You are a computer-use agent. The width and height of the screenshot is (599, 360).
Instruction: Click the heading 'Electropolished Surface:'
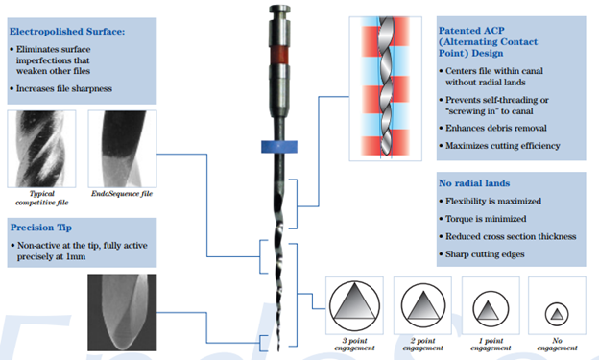[67, 32]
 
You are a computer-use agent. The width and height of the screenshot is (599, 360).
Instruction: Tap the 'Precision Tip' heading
[41, 228]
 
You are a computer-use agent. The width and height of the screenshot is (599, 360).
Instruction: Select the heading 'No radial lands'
[474, 183]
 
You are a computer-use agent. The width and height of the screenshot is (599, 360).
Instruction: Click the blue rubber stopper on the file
[279, 147]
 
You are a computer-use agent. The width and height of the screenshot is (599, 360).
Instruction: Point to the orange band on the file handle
[279, 55]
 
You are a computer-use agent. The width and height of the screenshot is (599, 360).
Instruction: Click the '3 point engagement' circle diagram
[354, 305]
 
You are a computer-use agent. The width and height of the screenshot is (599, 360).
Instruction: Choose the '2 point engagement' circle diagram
[423, 305]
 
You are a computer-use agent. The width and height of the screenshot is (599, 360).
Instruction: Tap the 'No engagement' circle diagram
[557, 314]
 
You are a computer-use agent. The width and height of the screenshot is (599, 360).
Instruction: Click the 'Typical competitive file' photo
[41, 149]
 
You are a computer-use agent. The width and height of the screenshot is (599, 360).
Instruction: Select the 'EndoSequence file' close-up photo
[122, 149]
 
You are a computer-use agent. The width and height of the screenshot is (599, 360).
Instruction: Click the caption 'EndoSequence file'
[122, 194]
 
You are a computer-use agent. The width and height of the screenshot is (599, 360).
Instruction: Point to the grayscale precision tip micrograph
[122, 312]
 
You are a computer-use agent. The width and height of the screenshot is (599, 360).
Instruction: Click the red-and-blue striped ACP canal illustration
[386, 88]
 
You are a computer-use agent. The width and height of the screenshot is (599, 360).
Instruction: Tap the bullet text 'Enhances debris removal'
[496, 128]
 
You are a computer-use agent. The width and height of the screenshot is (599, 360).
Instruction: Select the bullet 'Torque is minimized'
[486, 219]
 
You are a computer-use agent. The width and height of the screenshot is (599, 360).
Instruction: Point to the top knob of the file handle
[279, 10]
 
